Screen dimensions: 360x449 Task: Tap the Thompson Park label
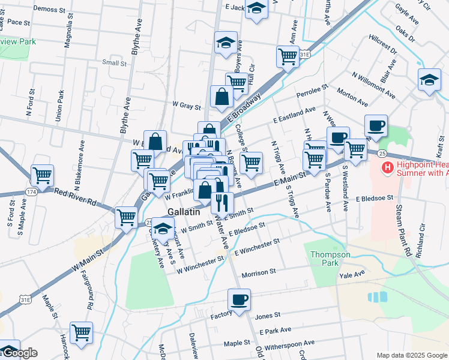(330, 259)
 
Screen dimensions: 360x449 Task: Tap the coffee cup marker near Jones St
(239, 299)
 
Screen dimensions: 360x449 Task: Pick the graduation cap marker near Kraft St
(430, 80)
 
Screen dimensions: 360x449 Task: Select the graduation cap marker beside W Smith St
(162, 229)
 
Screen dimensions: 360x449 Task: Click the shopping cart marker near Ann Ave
(288, 57)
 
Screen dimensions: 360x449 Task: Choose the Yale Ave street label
(352, 275)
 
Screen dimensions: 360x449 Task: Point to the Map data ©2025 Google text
(412, 355)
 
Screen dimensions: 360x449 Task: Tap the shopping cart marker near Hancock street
(81, 332)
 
